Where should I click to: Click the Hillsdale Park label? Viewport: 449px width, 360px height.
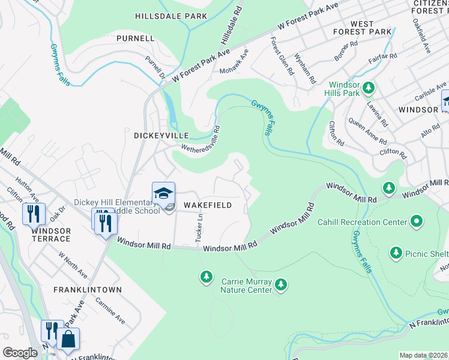coord(171,16)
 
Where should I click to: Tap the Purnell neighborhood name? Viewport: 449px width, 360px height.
coord(136,38)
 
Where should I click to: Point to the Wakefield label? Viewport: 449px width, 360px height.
coord(207,205)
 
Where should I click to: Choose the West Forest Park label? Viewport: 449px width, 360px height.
coord(370,28)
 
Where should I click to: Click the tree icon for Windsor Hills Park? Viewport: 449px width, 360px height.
coord(368,88)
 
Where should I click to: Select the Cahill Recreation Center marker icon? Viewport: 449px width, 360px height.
coord(416,223)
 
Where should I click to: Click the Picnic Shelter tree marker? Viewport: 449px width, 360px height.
coord(396,253)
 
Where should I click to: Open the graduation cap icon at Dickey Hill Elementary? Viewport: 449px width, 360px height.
coord(163,193)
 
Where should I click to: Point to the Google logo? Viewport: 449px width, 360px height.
coord(20,353)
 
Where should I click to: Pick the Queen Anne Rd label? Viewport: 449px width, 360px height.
coord(367,131)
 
